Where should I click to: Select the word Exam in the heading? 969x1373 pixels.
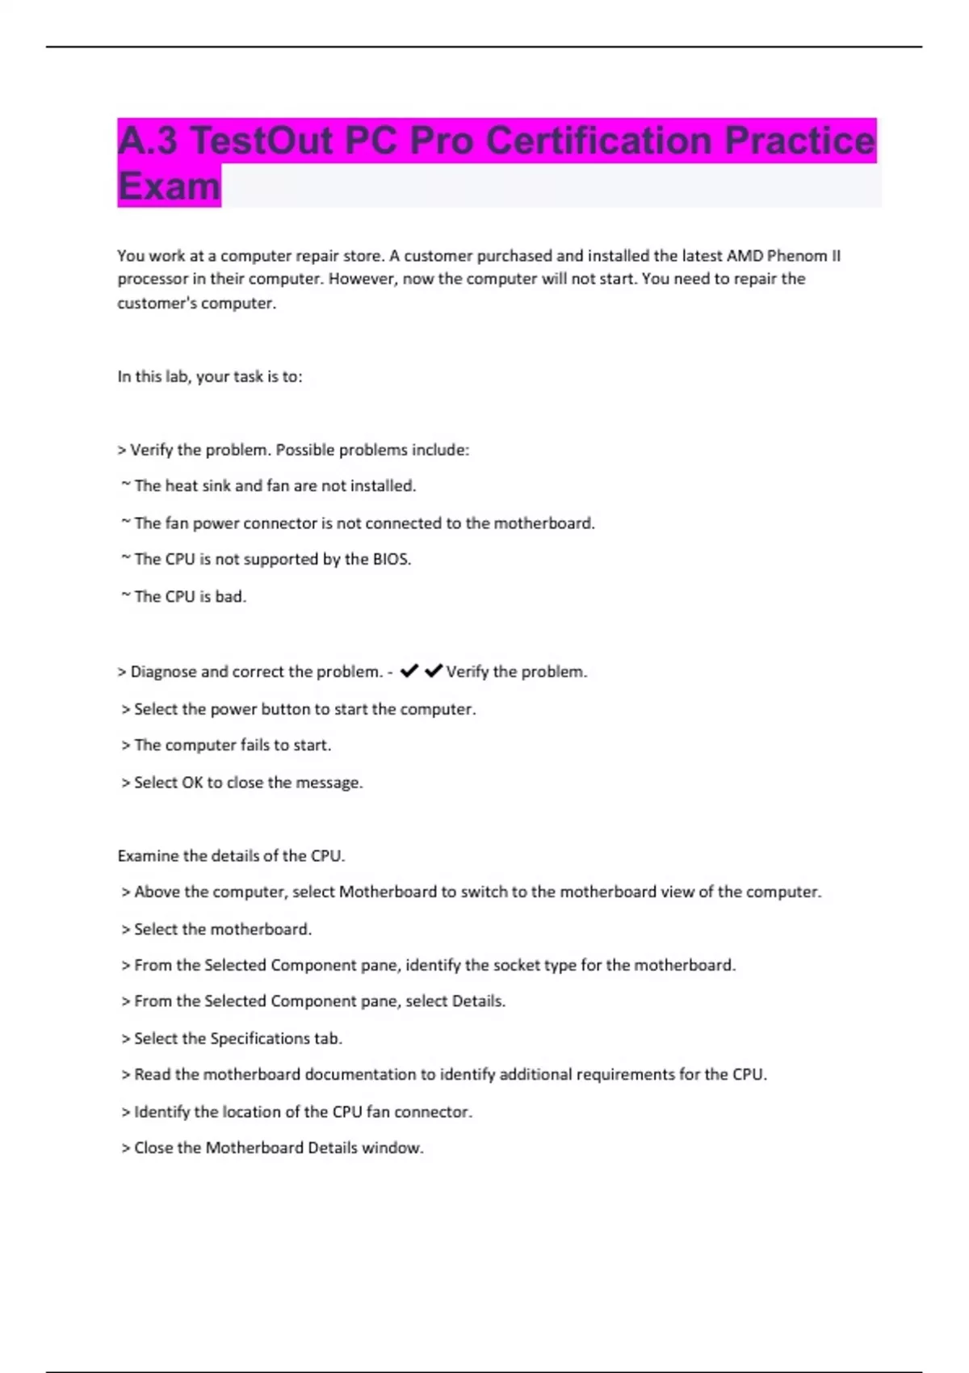169,187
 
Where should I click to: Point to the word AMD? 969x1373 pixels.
744,256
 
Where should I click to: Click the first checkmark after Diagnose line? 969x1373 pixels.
409,671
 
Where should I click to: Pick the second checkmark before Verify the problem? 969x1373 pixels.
433,671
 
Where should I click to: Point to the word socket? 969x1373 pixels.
517,965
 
